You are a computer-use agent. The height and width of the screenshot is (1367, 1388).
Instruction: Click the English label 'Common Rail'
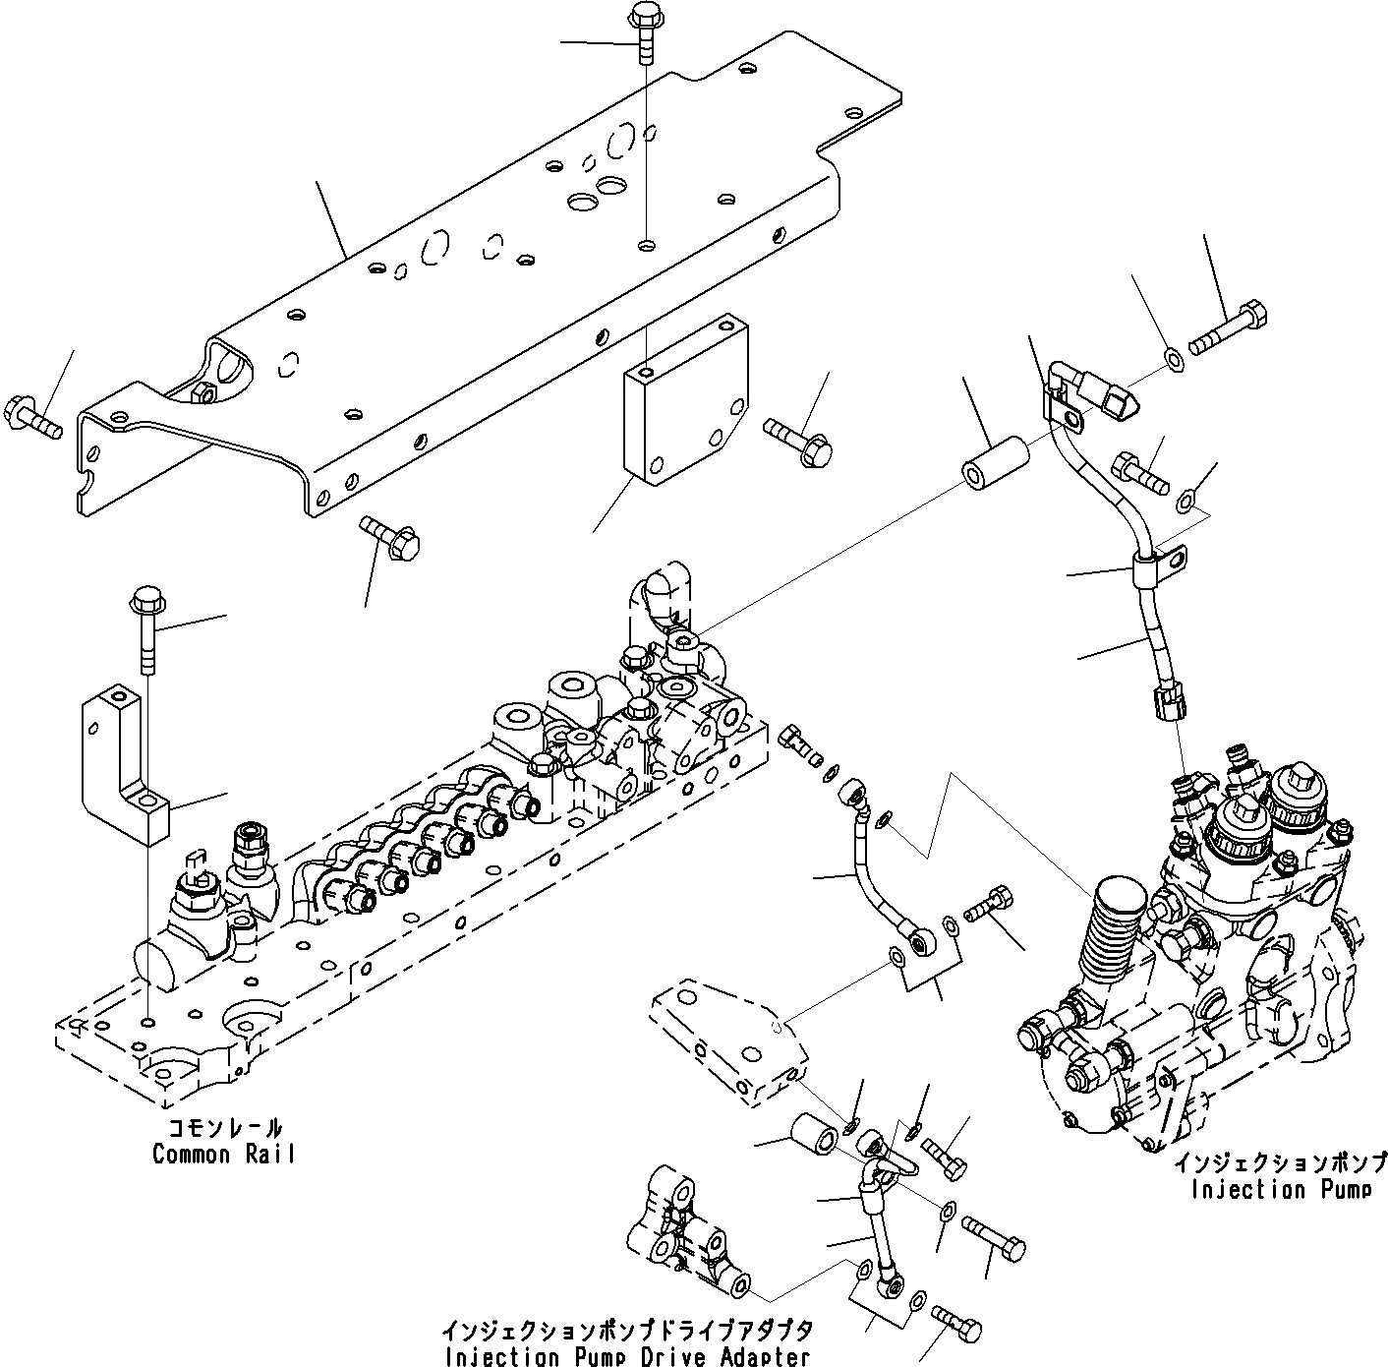pyautogui.click(x=223, y=1154)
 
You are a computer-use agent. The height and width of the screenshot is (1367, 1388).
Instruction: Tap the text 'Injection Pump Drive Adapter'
pyautogui.click(x=627, y=1356)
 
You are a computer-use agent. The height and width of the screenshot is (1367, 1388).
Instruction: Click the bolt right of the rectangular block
pyautogui.click(x=798, y=439)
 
